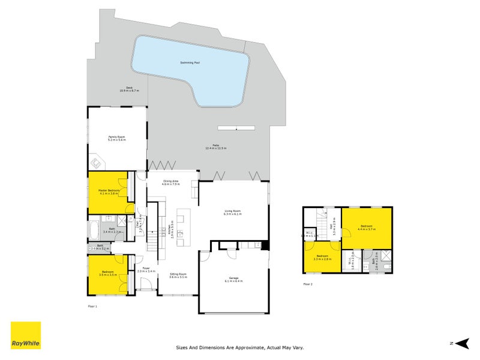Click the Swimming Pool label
pyautogui.click(x=191, y=62)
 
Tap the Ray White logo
pyautogui.click(x=26, y=335)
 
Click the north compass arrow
pyautogui.click(x=461, y=343)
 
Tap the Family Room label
pyautogui.click(x=116, y=137)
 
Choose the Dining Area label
pyautogui.click(x=172, y=181)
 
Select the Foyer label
pyautogui.click(x=146, y=269)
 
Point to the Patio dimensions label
pyautogui.click(x=215, y=148)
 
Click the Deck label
pyautogui.click(x=129, y=88)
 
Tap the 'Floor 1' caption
pyautogui.click(x=92, y=306)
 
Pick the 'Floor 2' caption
pyautogui.click(x=308, y=284)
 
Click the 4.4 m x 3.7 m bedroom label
pyautogui.click(x=366, y=227)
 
